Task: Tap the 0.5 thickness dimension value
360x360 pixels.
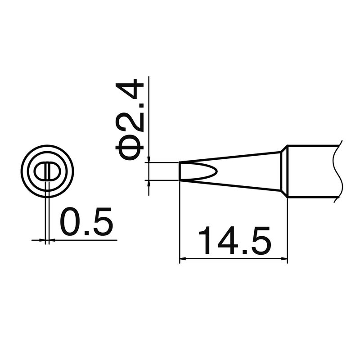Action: click(x=85, y=222)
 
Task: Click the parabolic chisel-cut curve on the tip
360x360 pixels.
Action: click(x=211, y=171)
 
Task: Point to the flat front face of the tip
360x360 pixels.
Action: click(x=180, y=171)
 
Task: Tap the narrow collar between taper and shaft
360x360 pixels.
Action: click(x=284, y=171)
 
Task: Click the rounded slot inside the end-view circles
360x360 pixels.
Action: click(x=47, y=171)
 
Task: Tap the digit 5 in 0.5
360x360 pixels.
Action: click(x=100, y=222)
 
